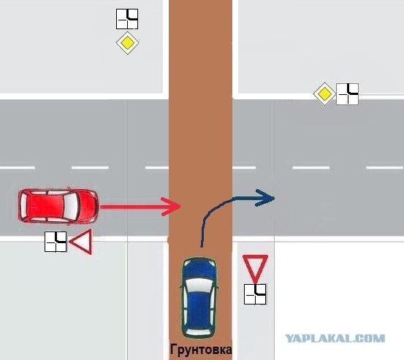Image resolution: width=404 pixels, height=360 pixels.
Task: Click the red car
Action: coord(58,205)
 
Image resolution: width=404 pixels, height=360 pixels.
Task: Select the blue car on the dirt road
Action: coord(199,297)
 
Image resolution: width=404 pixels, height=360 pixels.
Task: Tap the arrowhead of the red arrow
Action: coord(171,206)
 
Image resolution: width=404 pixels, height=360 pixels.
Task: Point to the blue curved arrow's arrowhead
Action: coord(265,198)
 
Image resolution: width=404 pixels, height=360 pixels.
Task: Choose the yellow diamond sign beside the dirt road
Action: coord(127,43)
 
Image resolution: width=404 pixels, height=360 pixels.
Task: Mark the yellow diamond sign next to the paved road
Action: coord(324,94)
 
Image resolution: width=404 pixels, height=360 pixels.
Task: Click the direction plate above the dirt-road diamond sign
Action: coord(127,19)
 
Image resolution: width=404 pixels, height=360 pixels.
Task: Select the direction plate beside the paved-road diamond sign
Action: coord(347,94)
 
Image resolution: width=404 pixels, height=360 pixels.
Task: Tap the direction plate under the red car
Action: coord(56,242)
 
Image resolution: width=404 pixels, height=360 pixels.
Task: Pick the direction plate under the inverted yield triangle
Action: coord(255,294)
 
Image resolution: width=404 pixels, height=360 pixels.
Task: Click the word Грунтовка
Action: coord(201,350)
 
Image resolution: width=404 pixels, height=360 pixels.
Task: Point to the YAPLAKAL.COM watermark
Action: coord(335,338)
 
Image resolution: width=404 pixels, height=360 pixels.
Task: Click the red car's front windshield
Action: coord(71,206)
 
